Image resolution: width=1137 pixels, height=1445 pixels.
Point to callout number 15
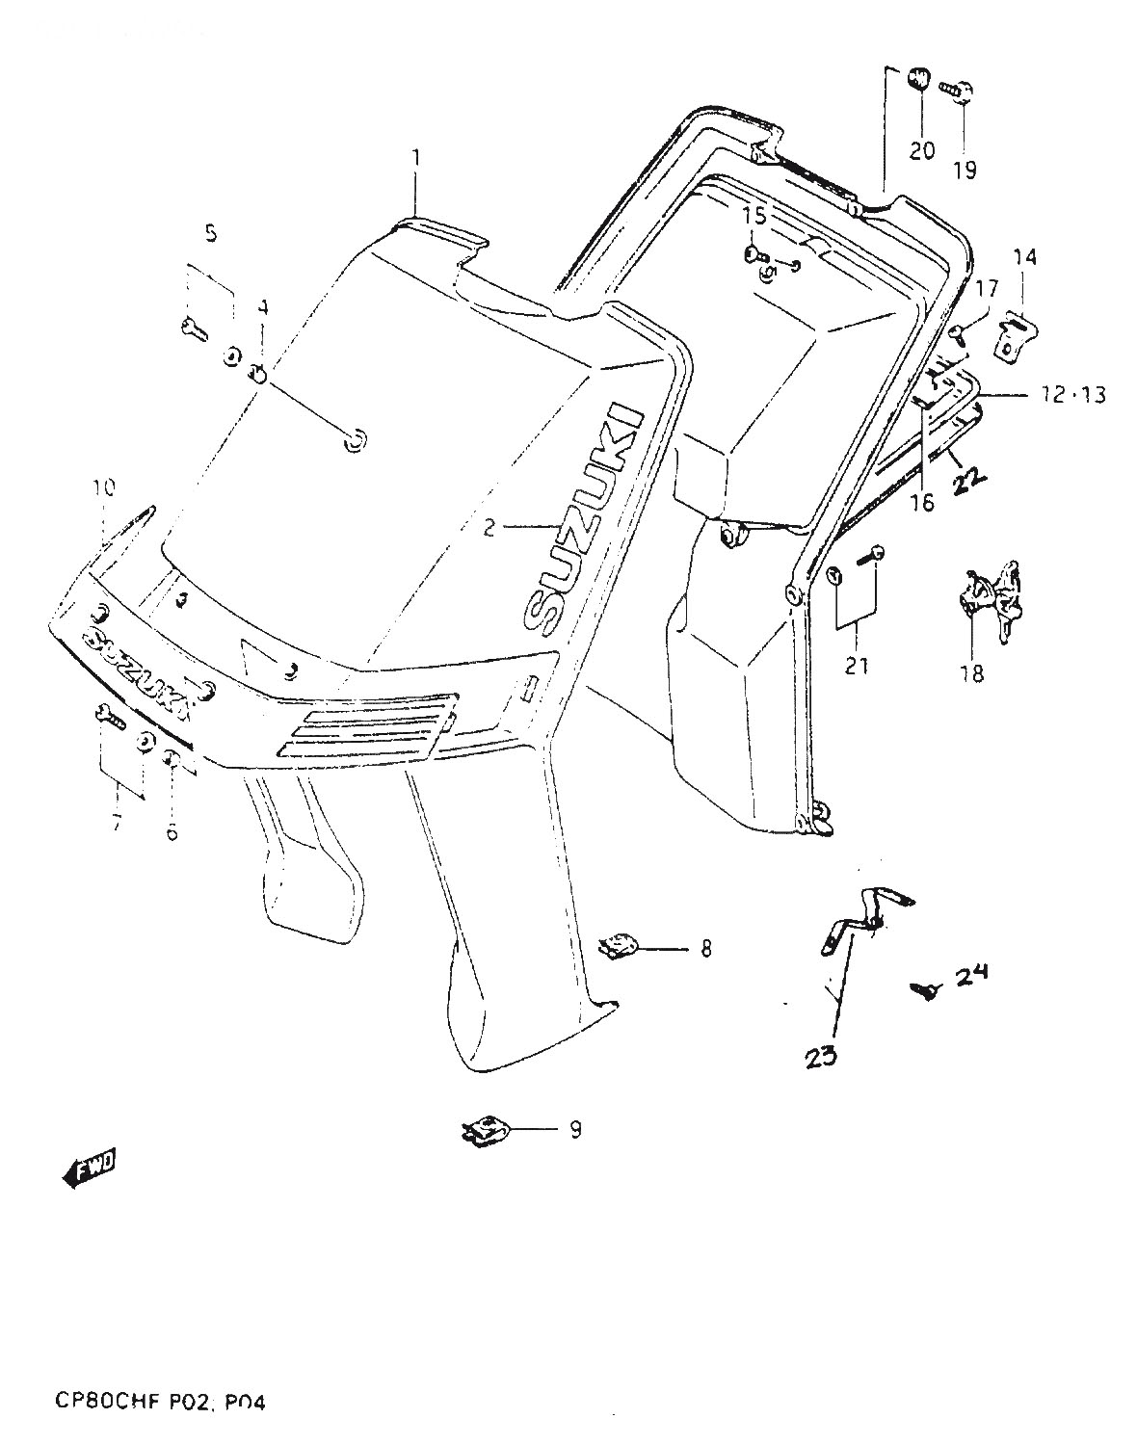(755, 216)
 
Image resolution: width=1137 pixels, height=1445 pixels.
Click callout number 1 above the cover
(416, 156)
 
